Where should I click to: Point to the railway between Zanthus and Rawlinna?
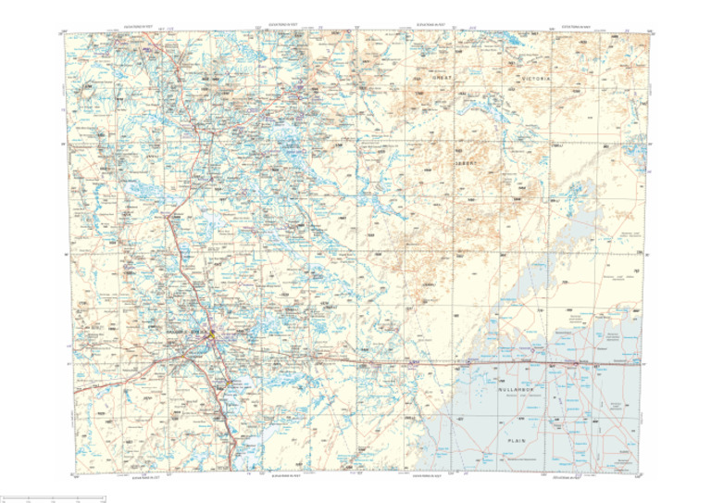pos(518,363)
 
